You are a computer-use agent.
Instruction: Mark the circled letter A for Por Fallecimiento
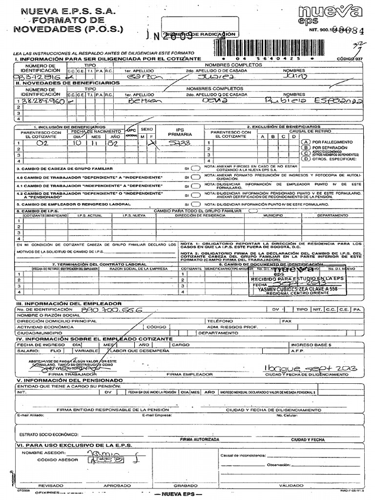click(x=306, y=141)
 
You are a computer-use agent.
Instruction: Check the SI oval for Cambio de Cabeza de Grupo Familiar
click(x=195, y=168)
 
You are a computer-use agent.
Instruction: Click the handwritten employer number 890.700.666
click(x=120, y=310)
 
